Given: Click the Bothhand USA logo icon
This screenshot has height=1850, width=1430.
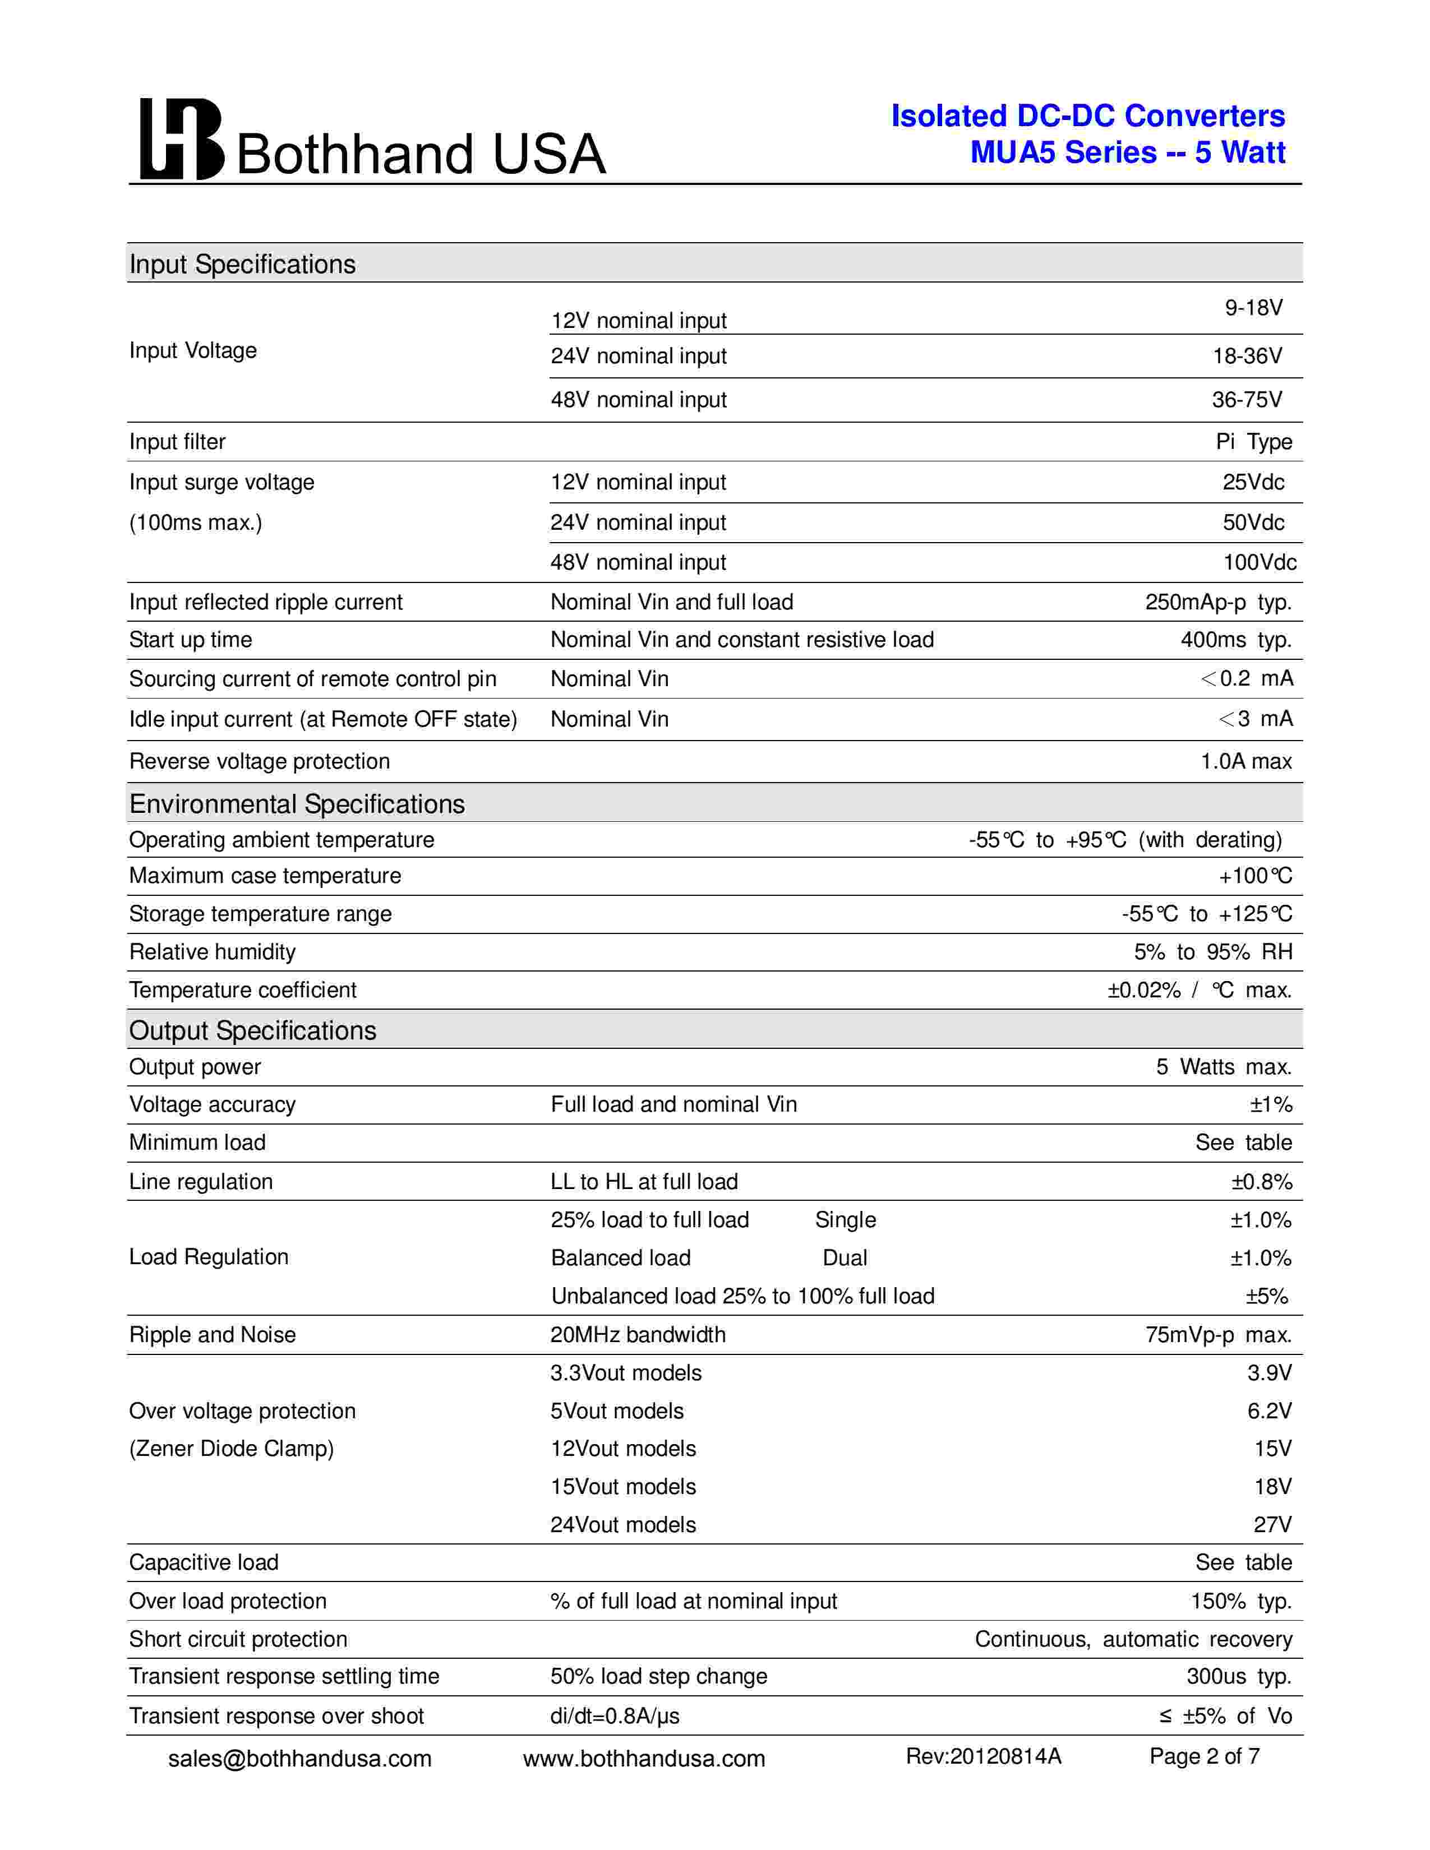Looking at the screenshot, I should click(x=181, y=139).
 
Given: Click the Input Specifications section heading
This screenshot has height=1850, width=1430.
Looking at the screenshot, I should click(x=242, y=264).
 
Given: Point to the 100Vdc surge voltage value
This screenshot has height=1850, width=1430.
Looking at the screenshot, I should click(x=1259, y=562).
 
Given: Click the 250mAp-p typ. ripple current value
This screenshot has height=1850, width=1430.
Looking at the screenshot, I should click(x=1217, y=602).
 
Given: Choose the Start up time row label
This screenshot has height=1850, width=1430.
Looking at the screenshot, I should click(x=191, y=640).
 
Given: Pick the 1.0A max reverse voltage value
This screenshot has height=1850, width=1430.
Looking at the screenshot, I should click(x=1246, y=761).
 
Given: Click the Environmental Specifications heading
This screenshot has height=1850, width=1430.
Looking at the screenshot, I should click(x=297, y=804).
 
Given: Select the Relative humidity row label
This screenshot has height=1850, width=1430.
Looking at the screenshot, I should click(x=212, y=952).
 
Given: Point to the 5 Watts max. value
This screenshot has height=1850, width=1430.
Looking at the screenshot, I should click(x=1223, y=1067).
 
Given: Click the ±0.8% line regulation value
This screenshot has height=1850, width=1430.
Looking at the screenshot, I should click(x=1261, y=1182).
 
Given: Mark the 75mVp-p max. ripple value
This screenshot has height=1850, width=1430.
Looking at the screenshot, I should click(x=1217, y=1335).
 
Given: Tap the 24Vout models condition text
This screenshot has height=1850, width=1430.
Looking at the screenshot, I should click(x=622, y=1525).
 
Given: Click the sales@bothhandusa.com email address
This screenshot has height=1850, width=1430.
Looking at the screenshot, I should click(x=300, y=1759).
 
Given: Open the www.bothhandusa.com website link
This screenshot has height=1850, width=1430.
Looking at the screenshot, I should click(x=644, y=1759).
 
